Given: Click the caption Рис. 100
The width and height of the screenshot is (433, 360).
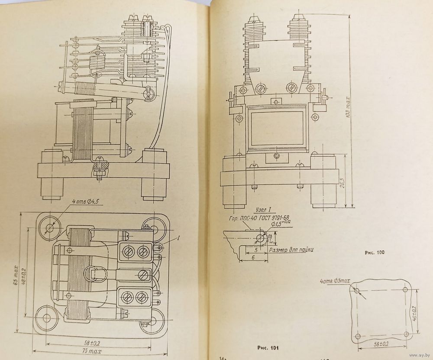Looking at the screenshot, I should pyautogui.click(x=374, y=252).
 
